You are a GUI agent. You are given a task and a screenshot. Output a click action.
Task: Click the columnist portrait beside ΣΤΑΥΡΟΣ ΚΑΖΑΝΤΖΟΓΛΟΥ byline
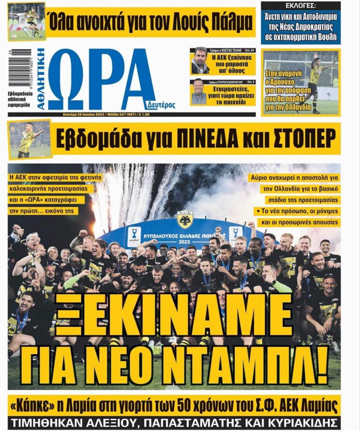199,92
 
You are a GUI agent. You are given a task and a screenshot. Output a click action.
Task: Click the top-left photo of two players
27,21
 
